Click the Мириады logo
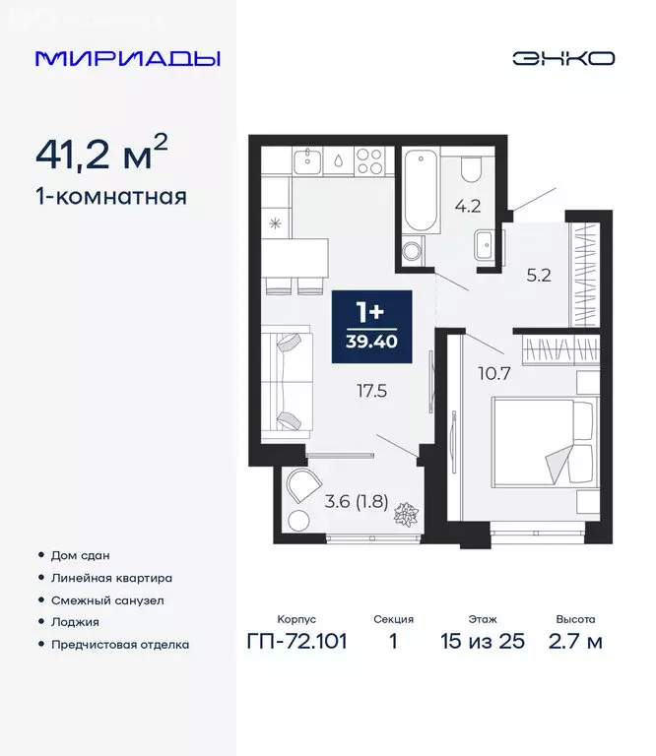pos(127,58)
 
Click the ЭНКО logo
pos(562,58)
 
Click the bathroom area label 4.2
pos(464,208)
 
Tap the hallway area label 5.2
pos(538,276)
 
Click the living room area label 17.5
pos(372,390)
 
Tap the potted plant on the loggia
pos(404,513)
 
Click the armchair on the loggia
pos(299,488)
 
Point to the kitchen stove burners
pos(368,159)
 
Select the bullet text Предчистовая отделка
pos(119,645)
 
